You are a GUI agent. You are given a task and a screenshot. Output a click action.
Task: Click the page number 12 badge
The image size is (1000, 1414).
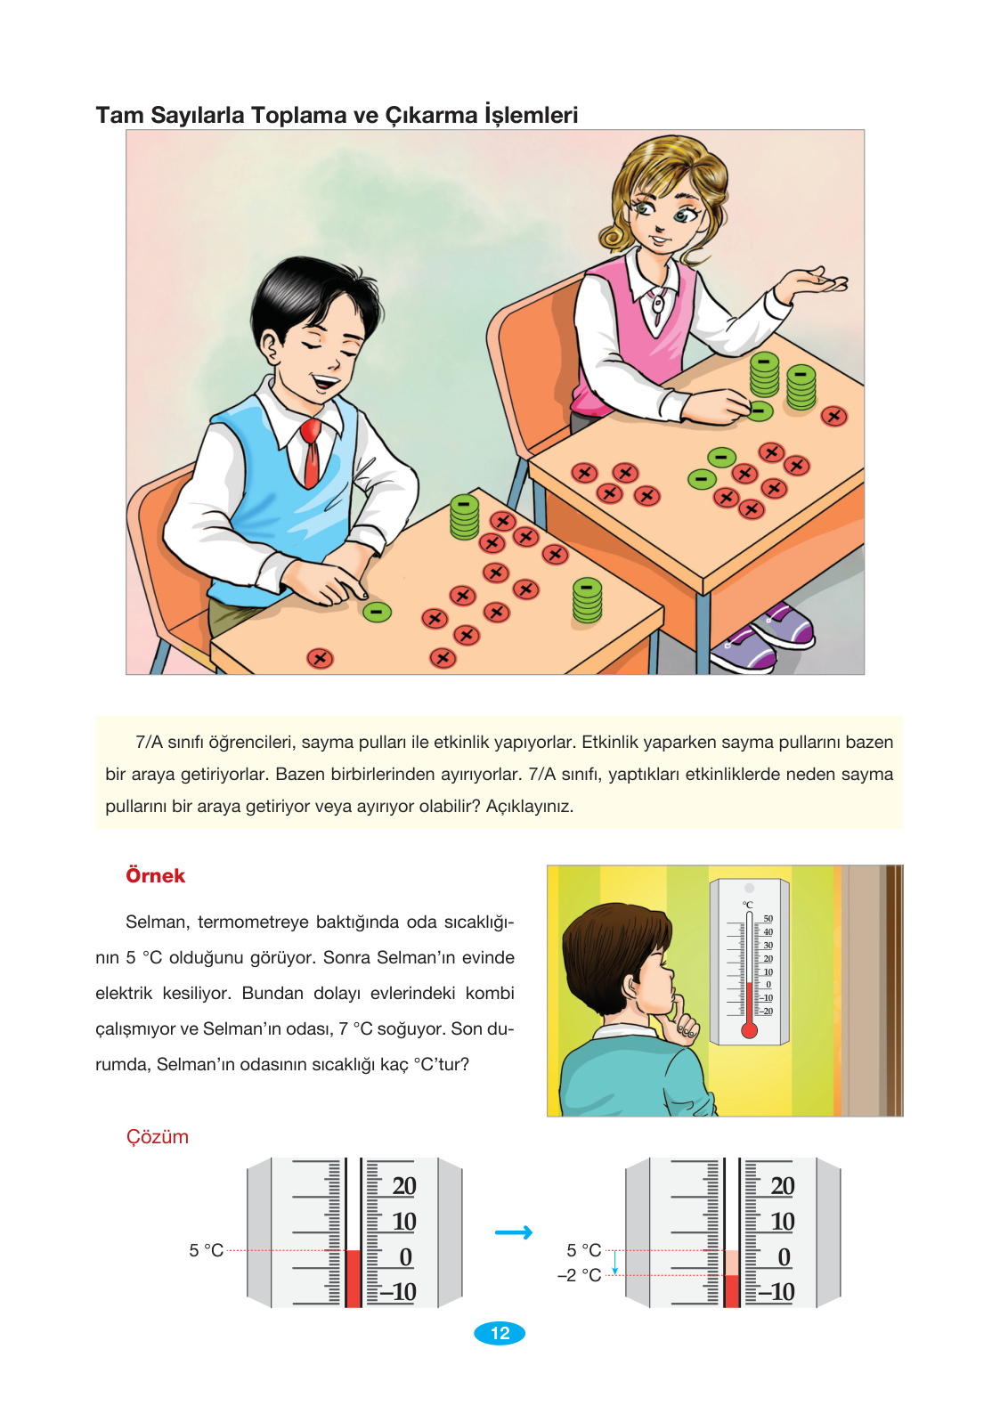(x=500, y=1333)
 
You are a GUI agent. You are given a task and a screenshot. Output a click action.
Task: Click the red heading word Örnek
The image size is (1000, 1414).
(x=155, y=876)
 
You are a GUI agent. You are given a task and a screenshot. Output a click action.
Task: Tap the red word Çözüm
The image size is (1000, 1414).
(x=157, y=1137)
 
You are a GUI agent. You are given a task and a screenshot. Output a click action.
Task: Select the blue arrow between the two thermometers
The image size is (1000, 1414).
(x=514, y=1232)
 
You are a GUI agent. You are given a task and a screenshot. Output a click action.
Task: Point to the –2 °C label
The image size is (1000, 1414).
(x=580, y=1275)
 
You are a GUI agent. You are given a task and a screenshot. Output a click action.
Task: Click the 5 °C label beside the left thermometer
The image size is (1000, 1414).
(x=206, y=1250)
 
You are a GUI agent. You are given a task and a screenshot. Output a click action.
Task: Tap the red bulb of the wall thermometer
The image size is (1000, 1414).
(x=749, y=1030)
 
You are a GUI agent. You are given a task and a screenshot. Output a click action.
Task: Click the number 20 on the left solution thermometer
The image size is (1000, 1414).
(x=403, y=1186)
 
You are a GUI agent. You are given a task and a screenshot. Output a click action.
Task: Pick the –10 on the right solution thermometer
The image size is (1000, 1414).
(x=776, y=1292)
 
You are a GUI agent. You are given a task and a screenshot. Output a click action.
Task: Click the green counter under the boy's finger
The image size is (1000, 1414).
(x=377, y=612)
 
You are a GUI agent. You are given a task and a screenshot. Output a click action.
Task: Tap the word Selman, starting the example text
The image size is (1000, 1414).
(x=157, y=922)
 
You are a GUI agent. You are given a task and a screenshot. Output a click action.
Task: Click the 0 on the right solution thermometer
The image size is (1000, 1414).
(x=784, y=1257)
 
